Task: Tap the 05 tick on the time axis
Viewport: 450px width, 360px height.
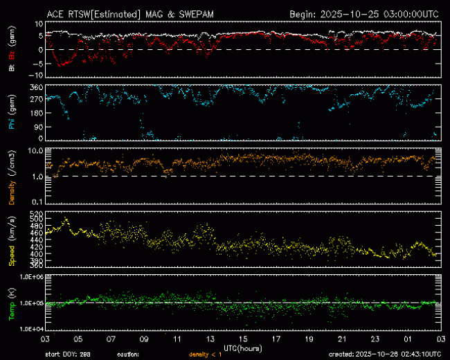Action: pos(78,340)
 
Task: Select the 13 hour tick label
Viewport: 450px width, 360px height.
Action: pos(211,340)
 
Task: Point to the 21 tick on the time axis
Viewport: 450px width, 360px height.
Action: pos(343,340)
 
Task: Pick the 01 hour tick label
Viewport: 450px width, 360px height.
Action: pos(410,340)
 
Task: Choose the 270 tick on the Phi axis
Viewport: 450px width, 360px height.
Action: pos(36,100)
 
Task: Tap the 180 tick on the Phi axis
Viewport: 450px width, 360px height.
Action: pos(36,113)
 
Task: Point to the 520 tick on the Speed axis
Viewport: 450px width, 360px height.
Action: pos(36,213)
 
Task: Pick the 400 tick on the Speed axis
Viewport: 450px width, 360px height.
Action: pos(36,254)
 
